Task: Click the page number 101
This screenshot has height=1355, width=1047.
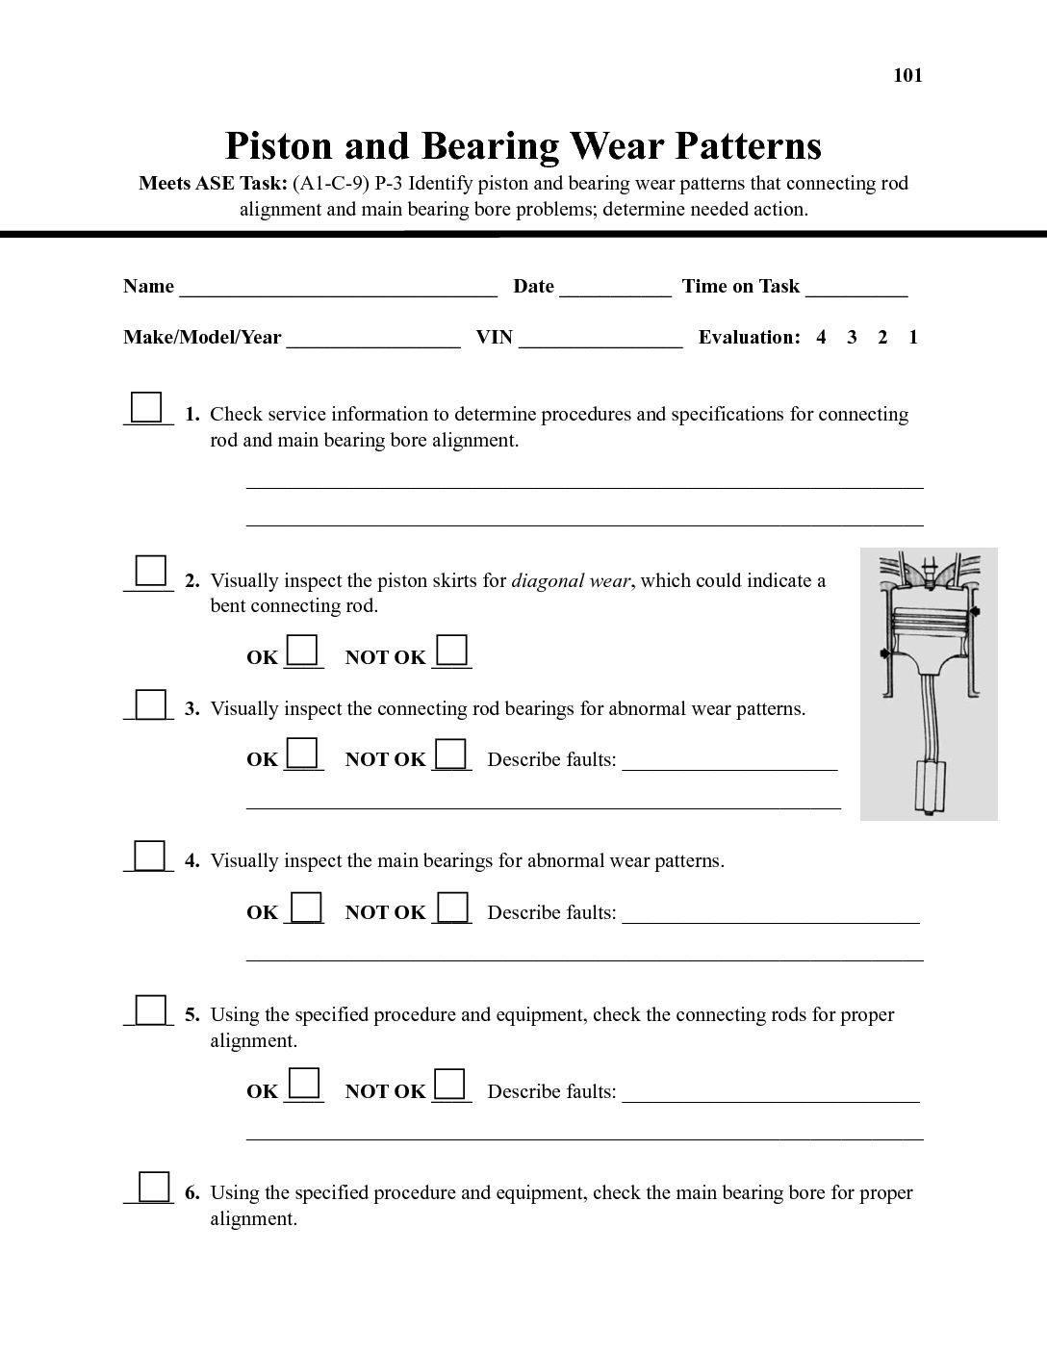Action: pyautogui.click(x=907, y=76)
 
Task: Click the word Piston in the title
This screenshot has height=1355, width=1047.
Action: pyautogui.click(x=278, y=146)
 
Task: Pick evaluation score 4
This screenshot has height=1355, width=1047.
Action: pyautogui.click(x=821, y=338)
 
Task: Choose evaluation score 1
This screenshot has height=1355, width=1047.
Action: pyautogui.click(x=913, y=338)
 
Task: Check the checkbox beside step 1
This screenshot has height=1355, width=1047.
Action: pyautogui.click(x=146, y=407)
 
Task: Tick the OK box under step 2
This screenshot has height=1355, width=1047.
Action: pyautogui.click(x=302, y=650)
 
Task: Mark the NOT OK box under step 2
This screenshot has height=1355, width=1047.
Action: pyautogui.click(x=451, y=650)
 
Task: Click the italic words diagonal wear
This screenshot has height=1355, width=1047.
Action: pyautogui.click(x=571, y=581)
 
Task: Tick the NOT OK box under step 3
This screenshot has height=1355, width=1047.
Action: pyautogui.click(x=450, y=753)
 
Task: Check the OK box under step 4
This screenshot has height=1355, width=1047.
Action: pyautogui.click(x=306, y=907)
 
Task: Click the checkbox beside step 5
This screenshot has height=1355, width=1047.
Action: pyautogui.click(x=150, y=1010)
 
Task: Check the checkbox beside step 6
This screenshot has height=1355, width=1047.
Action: pyautogui.click(x=154, y=1187)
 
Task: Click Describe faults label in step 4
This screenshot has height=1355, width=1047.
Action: pyautogui.click(x=551, y=913)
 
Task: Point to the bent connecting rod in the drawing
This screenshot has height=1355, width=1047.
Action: pyautogui.click(x=930, y=717)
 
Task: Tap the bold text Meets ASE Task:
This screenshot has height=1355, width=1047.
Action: pyautogui.click(x=213, y=184)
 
